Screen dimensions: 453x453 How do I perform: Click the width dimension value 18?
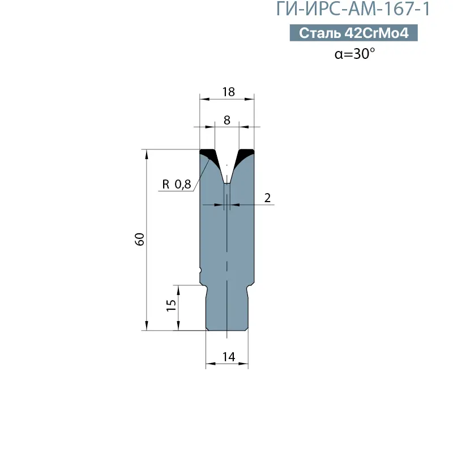tap(228, 92)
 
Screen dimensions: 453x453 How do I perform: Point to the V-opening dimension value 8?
tap(227, 119)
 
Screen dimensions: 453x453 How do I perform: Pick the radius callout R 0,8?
tap(177, 184)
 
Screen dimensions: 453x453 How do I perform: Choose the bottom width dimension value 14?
tap(228, 357)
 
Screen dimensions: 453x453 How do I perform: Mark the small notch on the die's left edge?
tap(200, 270)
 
